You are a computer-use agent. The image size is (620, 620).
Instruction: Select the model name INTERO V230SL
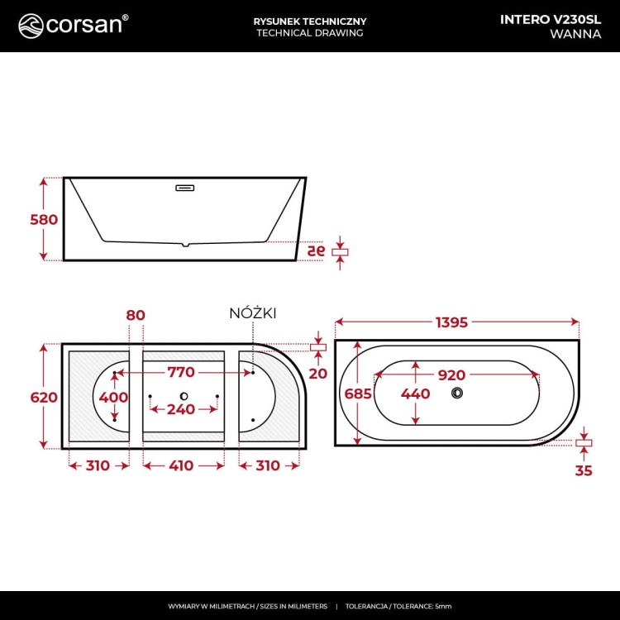click(551, 19)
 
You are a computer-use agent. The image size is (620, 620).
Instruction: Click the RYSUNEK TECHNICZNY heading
click(310, 20)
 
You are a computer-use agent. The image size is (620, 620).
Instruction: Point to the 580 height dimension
click(44, 220)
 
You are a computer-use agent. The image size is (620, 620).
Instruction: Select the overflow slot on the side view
click(185, 188)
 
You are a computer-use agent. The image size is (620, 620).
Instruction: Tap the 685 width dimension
click(346, 394)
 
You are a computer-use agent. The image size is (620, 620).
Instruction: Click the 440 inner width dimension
click(415, 394)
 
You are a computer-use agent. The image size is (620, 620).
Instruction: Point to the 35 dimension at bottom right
click(584, 471)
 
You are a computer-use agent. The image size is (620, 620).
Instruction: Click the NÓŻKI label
click(252, 313)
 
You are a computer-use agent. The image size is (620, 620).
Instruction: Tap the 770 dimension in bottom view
click(181, 373)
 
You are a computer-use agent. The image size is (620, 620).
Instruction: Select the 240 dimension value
click(181, 409)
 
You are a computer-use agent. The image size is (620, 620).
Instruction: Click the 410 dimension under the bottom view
click(181, 465)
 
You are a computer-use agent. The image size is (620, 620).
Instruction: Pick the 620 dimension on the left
click(44, 398)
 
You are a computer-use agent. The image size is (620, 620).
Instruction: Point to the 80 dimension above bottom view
click(136, 315)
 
